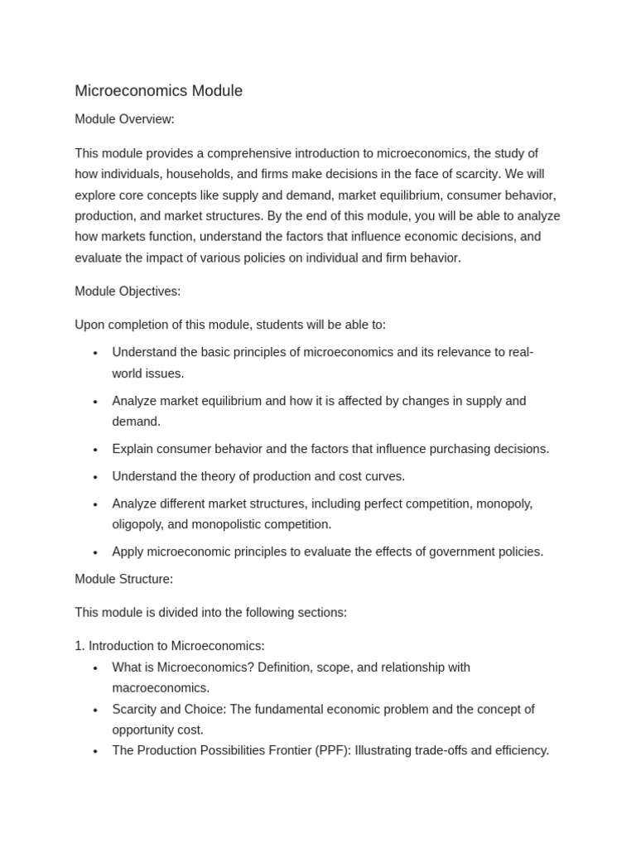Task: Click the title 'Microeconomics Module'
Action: point(158,91)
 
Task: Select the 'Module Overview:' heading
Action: point(124,119)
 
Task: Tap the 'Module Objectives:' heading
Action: point(128,291)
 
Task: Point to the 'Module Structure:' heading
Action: point(123,579)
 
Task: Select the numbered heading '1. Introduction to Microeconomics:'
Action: point(170,646)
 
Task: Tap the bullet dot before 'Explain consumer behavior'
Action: point(95,450)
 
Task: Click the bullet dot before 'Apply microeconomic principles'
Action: point(95,552)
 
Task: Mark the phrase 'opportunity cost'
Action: point(157,730)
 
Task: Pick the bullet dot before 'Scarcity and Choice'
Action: point(95,710)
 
